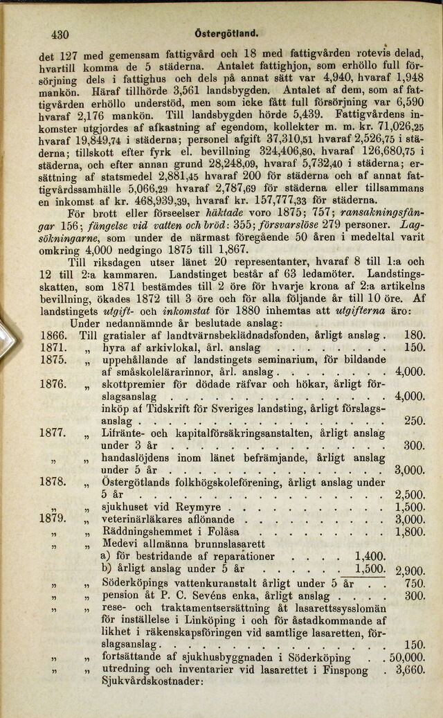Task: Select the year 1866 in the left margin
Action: point(54,335)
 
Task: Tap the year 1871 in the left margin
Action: point(54,348)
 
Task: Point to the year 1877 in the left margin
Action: point(54,433)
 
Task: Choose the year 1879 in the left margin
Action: point(54,519)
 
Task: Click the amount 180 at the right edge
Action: point(414,335)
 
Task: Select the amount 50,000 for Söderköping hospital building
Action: point(406,657)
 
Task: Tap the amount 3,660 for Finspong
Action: point(409,670)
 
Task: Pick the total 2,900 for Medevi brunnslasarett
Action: point(409,571)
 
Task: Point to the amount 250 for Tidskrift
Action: point(414,421)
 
